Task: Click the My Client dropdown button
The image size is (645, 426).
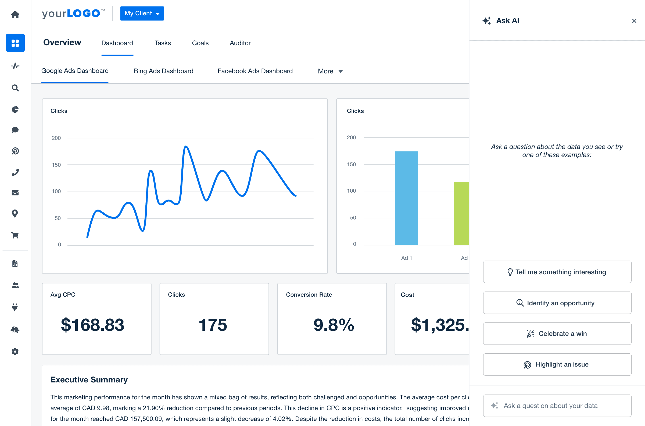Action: click(142, 13)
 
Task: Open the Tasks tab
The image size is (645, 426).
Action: click(163, 43)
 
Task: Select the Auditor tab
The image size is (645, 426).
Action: click(240, 43)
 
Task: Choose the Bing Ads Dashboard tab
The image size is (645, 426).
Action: click(163, 71)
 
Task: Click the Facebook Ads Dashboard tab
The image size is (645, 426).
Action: click(255, 71)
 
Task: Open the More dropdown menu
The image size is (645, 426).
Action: click(330, 71)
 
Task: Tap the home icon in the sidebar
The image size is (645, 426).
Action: click(15, 14)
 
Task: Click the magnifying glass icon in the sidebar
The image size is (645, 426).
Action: click(15, 88)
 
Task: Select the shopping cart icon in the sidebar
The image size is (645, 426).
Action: click(15, 235)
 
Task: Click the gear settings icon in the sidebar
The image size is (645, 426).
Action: click(15, 352)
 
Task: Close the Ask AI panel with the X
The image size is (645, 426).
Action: click(634, 21)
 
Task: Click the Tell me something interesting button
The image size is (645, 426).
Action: click(557, 272)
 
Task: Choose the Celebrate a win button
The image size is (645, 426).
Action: click(557, 334)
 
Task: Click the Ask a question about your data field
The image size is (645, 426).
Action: click(557, 406)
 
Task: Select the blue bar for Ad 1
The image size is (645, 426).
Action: click(406, 198)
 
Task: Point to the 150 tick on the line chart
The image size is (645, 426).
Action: click(56, 165)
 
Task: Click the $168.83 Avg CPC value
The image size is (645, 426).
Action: click(92, 325)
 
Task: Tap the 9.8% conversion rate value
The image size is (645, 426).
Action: click(334, 325)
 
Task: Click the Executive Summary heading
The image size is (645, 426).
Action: click(89, 379)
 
